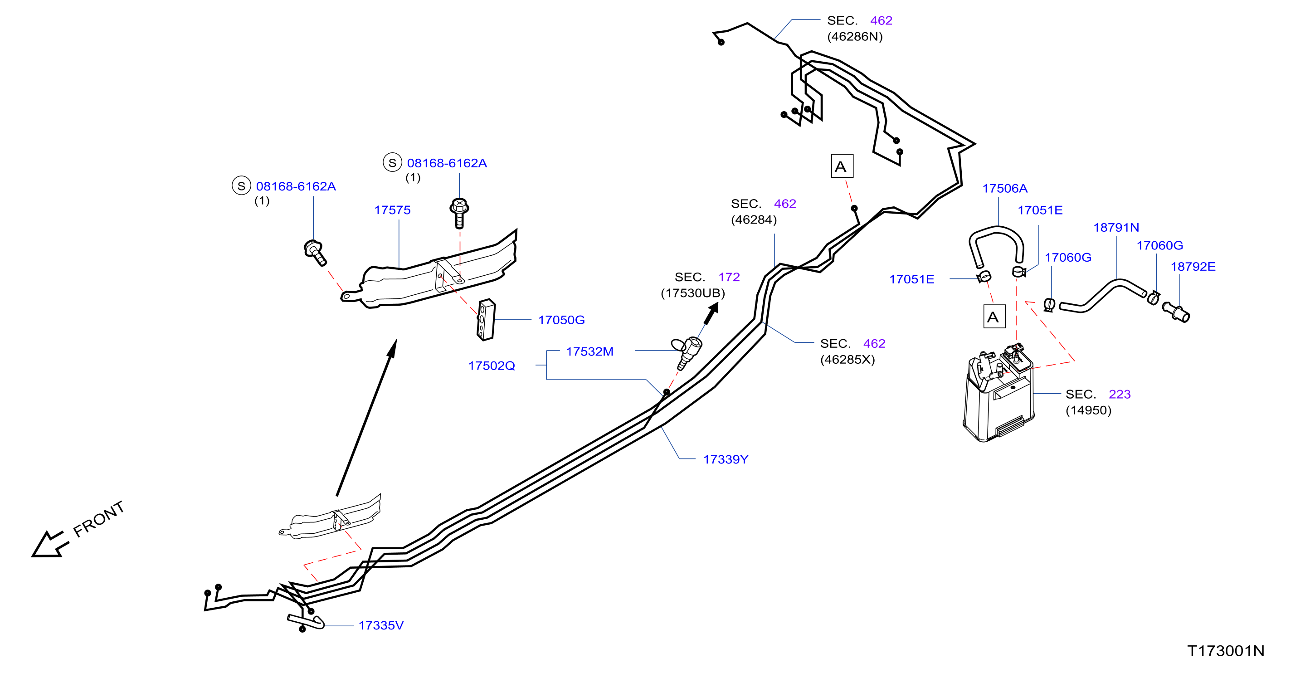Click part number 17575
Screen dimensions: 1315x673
click(x=392, y=210)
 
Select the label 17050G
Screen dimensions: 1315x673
click(x=561, y=320)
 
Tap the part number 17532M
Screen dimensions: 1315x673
click(x=589, y=351)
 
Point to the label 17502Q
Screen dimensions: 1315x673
click(x=492, y=366)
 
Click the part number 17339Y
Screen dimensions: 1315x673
click(x=726, y=459)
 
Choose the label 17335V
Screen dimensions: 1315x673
click(x=381, y=625)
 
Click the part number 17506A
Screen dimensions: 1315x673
click(x=1005, y=188)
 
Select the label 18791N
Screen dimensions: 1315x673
click(x=1116, y=227)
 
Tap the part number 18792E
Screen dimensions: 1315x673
click(x=1193, y=267)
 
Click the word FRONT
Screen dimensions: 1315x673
click(x=98, y=519)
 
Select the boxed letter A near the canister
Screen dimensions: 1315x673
click(x=994, y=317)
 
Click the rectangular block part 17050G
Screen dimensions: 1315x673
click(x=486, y=320)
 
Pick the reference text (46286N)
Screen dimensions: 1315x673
click(x=855, y=37)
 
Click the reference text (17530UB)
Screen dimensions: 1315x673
click(x=693, y=293)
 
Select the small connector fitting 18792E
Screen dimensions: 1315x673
click(x=1176, y=312)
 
